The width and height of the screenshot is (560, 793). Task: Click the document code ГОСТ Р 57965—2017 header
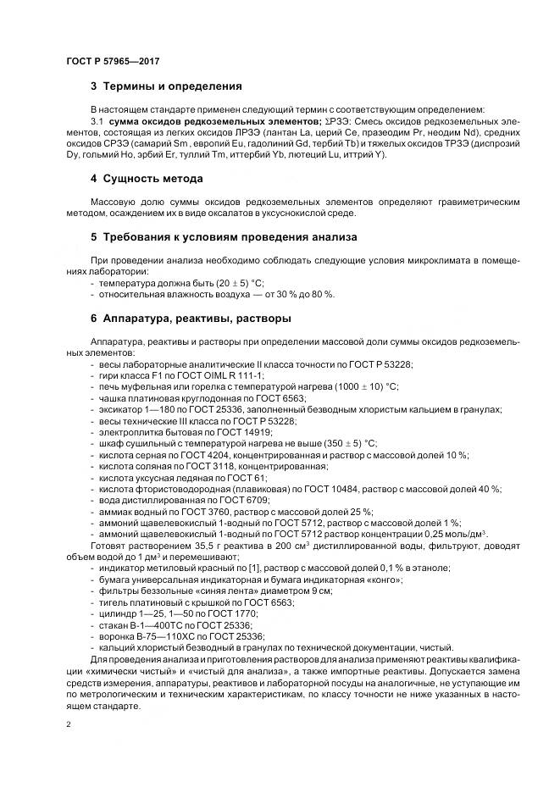112,61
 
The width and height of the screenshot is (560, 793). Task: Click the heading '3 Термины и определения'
166,86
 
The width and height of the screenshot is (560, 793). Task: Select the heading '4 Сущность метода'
147,179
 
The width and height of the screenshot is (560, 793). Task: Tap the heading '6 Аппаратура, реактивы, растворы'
191,319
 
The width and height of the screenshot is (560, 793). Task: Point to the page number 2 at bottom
69,725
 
